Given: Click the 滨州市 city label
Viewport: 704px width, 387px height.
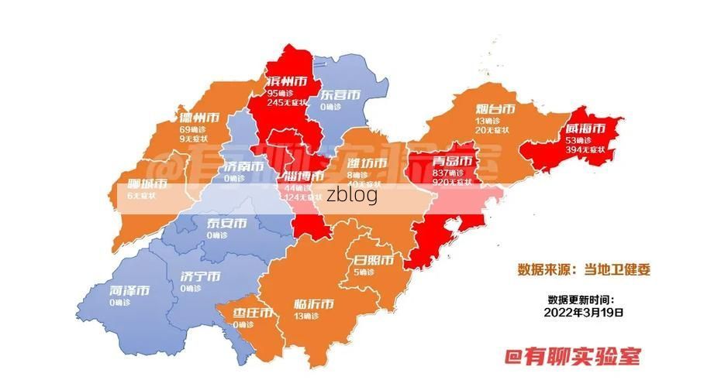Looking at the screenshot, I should (285, 81).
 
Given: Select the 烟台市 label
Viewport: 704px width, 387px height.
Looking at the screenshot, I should (495, 109).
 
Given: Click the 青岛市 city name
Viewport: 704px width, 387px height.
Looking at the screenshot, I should (452, 162).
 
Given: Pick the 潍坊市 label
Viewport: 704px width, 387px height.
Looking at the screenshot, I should (366, 163).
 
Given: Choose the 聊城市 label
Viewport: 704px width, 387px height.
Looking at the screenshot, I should (147, 184).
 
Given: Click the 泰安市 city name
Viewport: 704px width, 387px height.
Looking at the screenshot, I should (226, 224).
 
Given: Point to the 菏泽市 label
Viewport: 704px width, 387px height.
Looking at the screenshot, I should (129, 291).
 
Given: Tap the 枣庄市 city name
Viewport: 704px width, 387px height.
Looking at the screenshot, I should (253, 313).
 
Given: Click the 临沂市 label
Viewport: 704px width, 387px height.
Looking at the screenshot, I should (315, 303).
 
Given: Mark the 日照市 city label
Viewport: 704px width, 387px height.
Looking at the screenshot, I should (373, 259).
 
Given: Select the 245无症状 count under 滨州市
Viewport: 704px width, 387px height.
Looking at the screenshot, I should (287, 102).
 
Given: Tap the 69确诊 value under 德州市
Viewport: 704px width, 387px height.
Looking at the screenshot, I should (192, 129).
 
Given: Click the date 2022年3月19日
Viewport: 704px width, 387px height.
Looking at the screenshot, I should (584, 313).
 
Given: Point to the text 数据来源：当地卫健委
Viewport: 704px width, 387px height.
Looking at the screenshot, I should (584, 270).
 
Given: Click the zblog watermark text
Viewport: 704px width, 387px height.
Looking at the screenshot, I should (352, 194).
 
